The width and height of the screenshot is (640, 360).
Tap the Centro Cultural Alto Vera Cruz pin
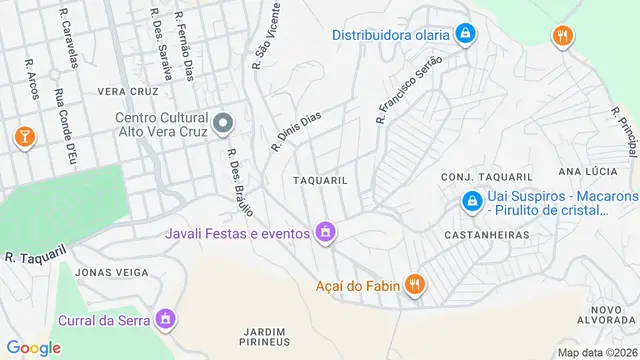point(223,124)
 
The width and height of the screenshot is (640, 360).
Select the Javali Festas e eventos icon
point(324,234)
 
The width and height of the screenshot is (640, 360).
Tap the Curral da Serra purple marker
point(166,320)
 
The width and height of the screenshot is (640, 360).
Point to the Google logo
point(34,347)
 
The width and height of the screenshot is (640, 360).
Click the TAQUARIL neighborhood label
point(320,180)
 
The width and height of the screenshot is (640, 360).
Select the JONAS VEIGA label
point(105,272)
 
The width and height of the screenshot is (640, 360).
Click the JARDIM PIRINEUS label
point(265,336)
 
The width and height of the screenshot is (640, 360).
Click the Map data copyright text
point(596,352)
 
